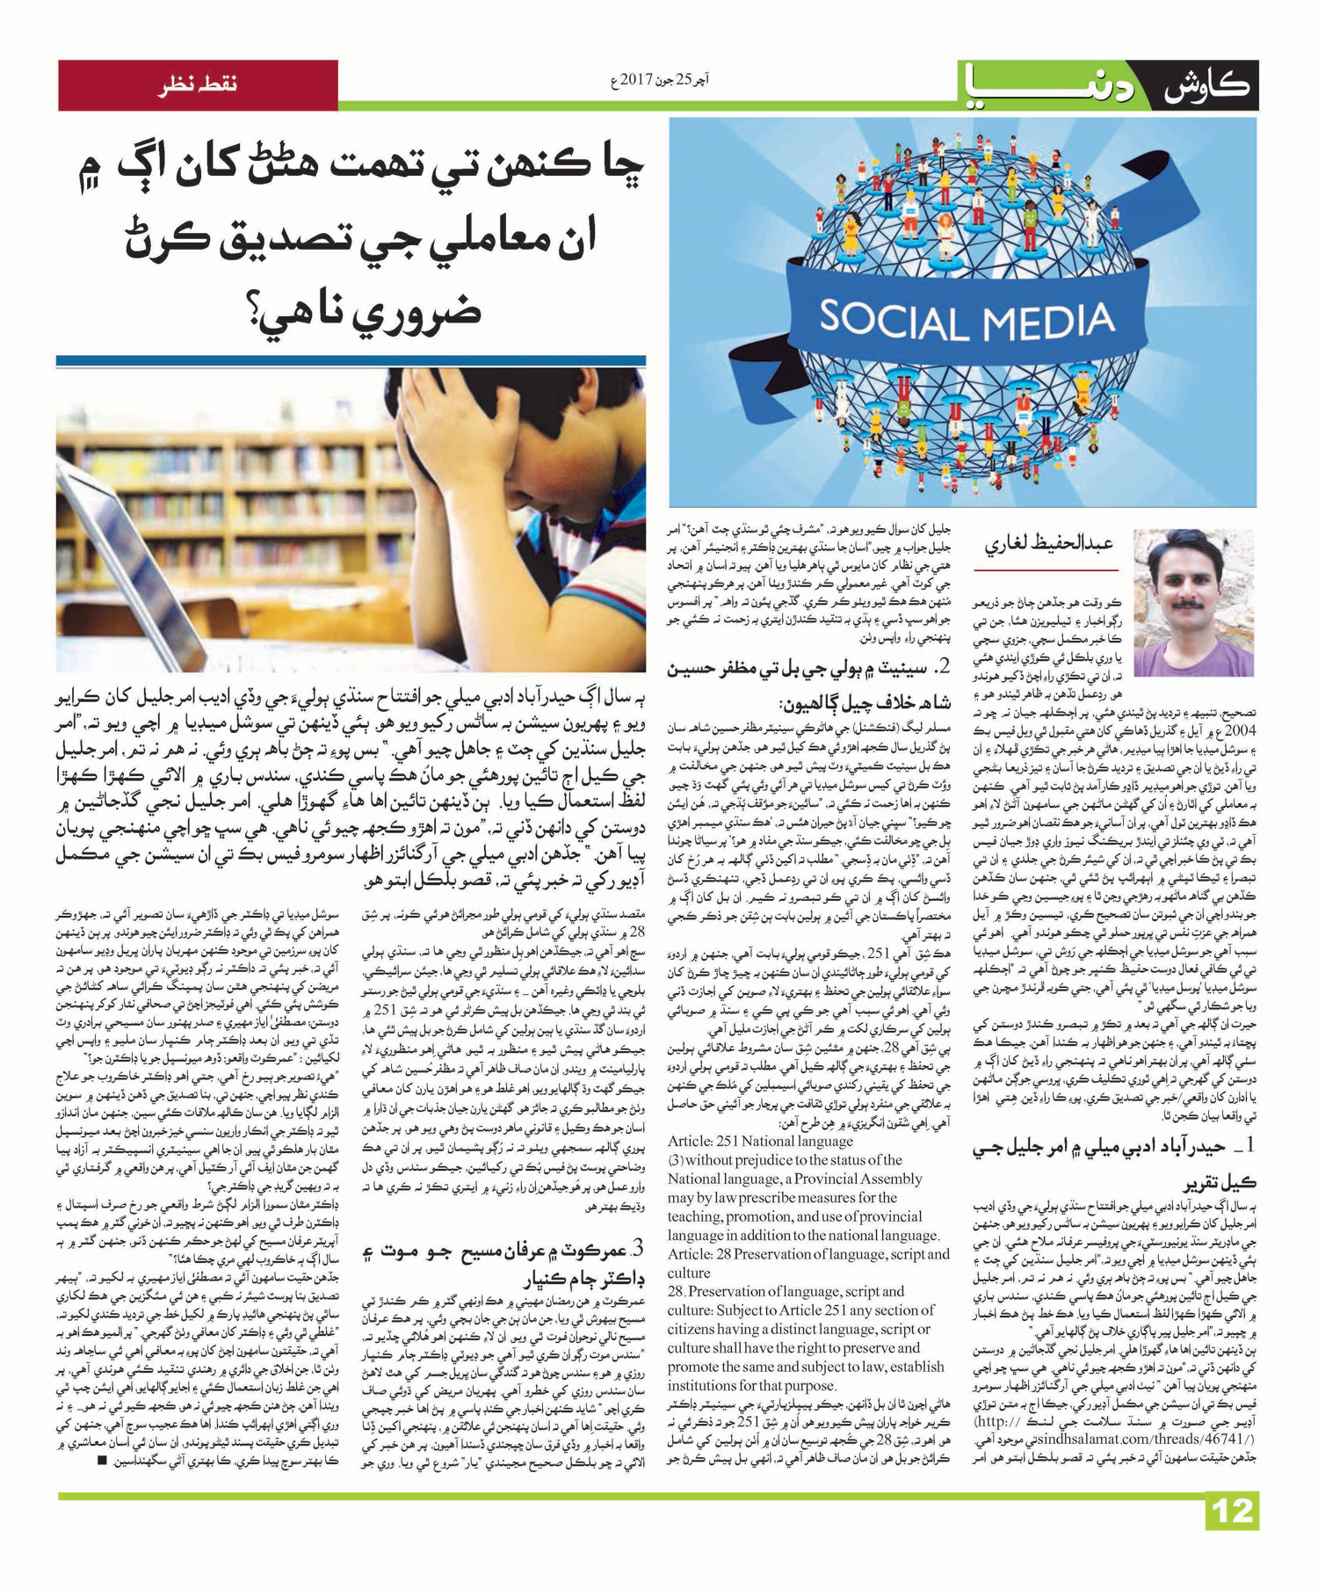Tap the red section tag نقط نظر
198,85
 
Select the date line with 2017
659,82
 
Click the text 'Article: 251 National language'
760,1142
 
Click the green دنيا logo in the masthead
1050,87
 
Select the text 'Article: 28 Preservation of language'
808,1254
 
